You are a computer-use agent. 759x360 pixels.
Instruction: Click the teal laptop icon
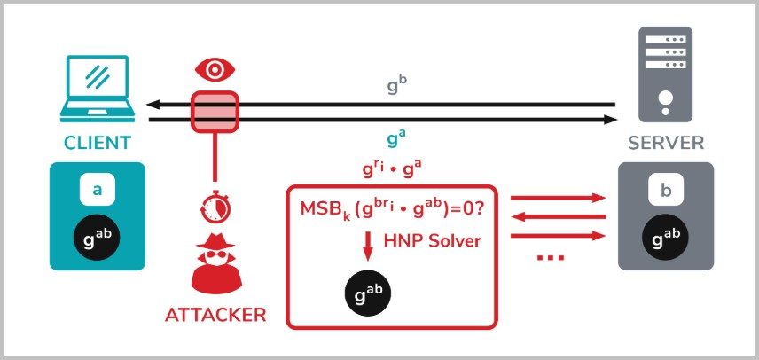pos(97,89)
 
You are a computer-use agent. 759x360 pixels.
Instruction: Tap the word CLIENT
pos(97,143)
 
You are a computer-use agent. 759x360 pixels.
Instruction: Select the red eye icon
pos(213,70)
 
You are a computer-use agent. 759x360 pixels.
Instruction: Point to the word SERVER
pos(665,143)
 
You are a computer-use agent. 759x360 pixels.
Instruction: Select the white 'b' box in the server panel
pos(664,190)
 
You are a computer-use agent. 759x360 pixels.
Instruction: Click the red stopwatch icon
pos(213,207)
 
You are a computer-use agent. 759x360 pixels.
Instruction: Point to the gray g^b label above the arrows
pos(396,87)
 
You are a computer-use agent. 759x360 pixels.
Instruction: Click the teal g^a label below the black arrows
pos(395,139)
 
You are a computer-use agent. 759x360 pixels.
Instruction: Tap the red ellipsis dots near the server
pos(551,258)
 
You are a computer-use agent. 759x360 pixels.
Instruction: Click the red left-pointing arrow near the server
pos(558,216)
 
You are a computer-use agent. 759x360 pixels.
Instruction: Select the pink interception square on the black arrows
pos(214,112)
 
